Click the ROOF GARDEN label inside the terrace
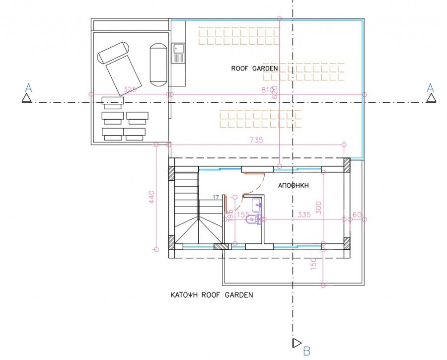click(254, 69)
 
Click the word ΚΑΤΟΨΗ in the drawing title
click(184, 295)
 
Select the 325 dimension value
click(129, 89)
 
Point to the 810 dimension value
click(267, 89)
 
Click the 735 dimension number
click(256, 140)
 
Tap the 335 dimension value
click(304, 215)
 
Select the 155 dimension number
click(243, 215)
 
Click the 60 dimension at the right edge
click(357, 215)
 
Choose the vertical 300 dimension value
click(319, 208)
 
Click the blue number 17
click(216, 198)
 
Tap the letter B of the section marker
click(306, 352)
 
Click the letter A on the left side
click(28, 88)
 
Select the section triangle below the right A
click(431, 98)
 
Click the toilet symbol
click(254, 219)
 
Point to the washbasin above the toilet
click(257, 204)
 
